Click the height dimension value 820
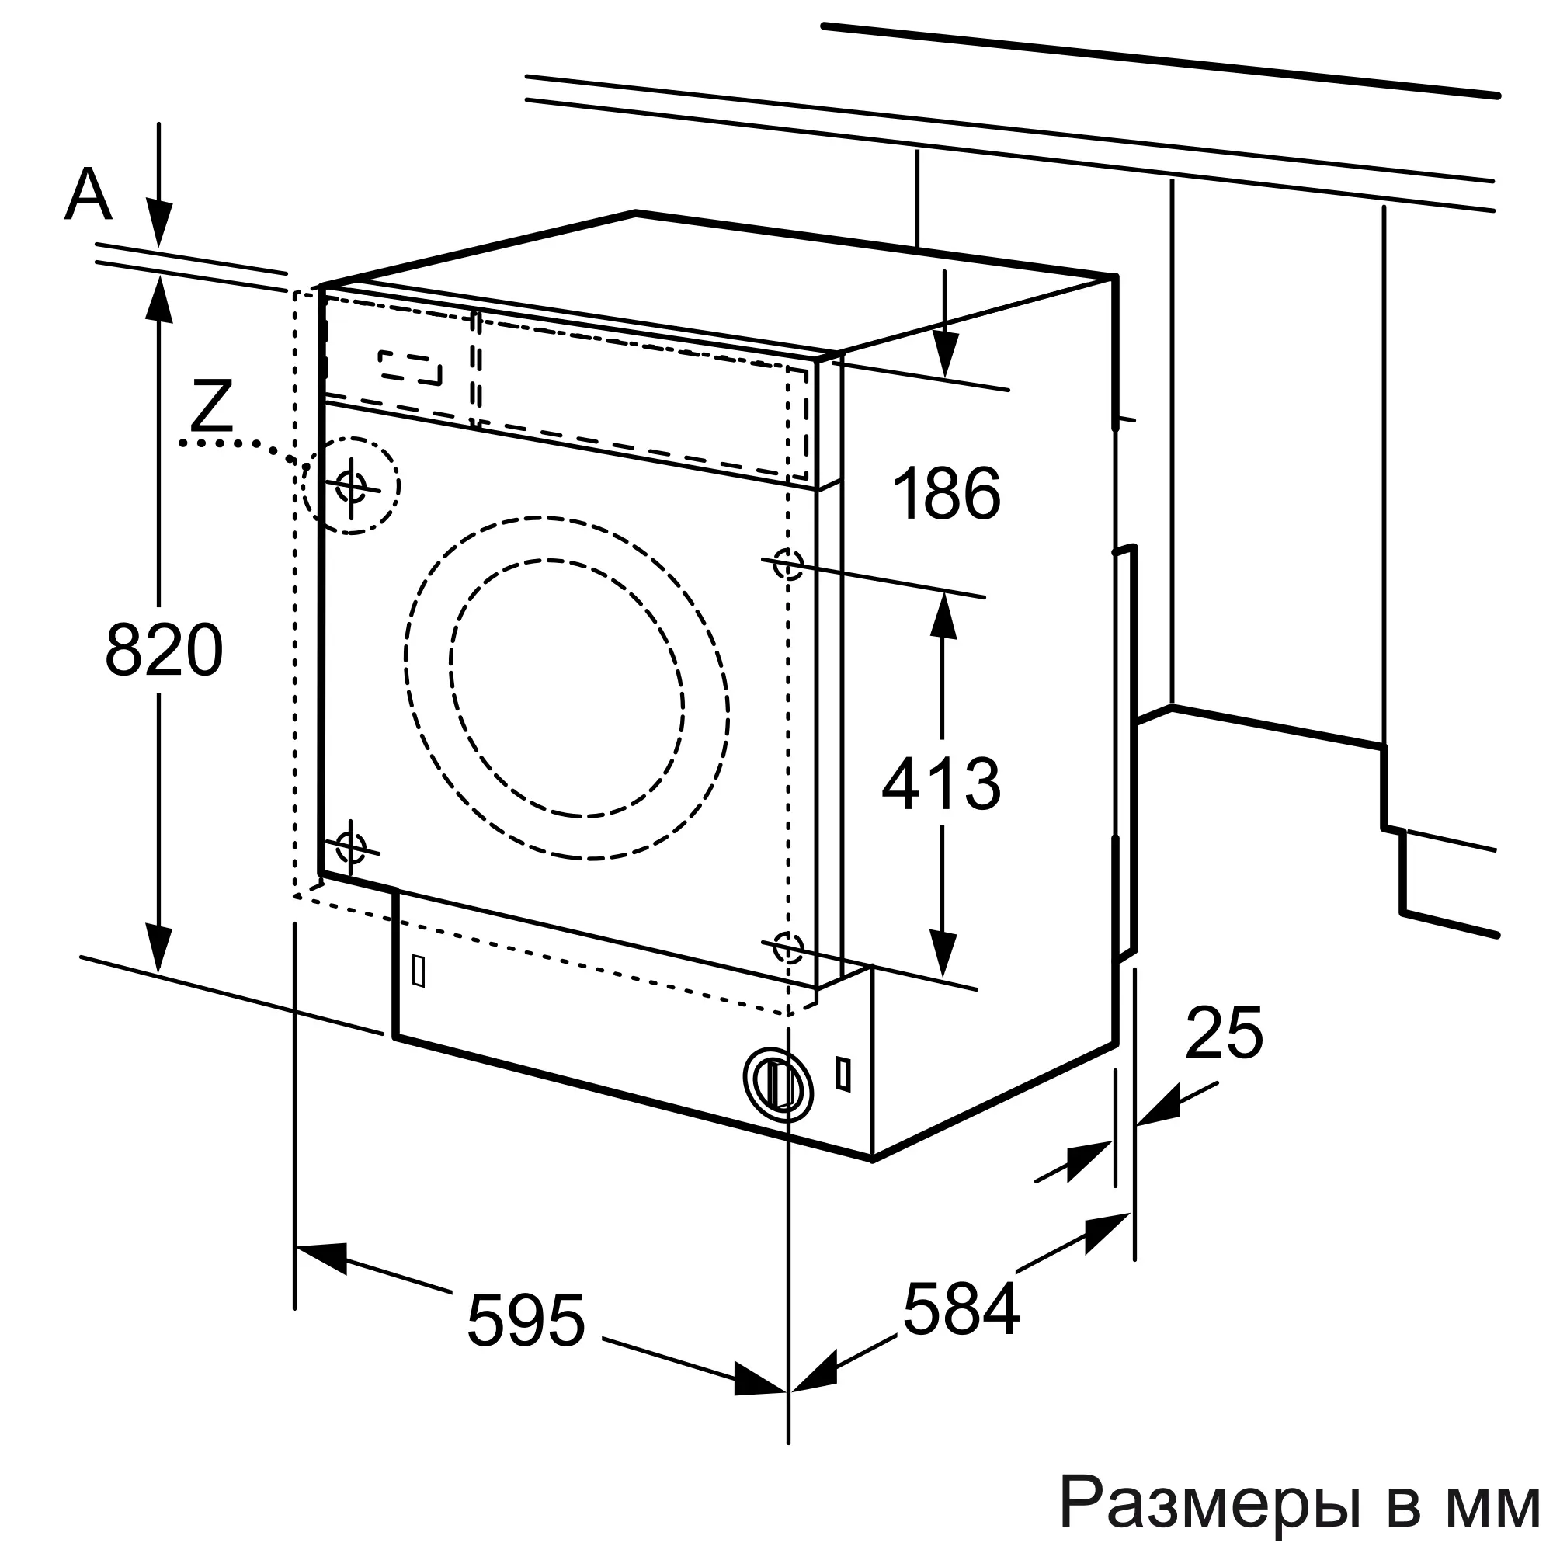(x=163, y=650)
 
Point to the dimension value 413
(x=941, y=783)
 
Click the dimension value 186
(x=947, y=494)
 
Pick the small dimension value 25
(x=1225, y=1033)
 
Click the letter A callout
(x=88, y=196)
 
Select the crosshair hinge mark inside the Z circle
(x=351, y=485)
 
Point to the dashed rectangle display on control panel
(x=411, y=367)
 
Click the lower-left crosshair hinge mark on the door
(x=350, y=846)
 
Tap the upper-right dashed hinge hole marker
(x=787, y=565)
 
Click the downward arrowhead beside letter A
(x=158, y=226)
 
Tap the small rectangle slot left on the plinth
(x=418, y=971)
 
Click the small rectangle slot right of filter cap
(x=843, y=1073)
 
